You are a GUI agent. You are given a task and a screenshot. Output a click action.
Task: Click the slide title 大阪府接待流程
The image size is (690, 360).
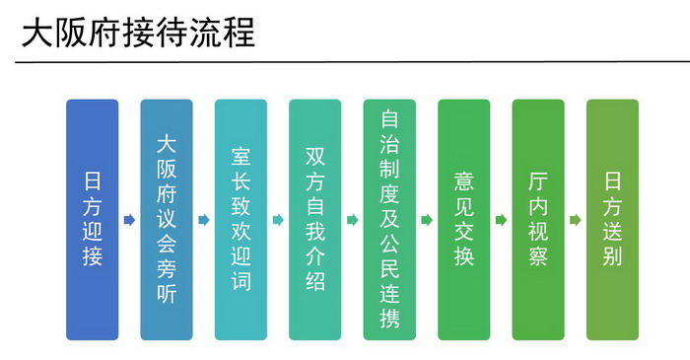pyautogui.click(x=139, y=33)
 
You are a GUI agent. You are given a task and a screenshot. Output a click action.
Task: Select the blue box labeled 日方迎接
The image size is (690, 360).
pyautogui.click(x=93, y=220)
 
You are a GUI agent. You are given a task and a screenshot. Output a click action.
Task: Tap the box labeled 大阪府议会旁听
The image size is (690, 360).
pyautogui.click(x=167, y=220)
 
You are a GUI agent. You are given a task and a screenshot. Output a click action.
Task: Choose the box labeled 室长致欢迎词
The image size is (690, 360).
pyautogui.click(x=241, y=220)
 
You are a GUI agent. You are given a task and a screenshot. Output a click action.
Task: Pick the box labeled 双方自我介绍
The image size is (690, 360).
pyautogui.click(x=315, y=220)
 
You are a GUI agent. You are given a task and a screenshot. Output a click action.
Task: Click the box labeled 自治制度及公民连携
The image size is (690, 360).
pyautogui.click(x=389, y=220)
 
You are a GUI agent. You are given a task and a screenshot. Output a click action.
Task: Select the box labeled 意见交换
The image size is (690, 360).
pyautogui.click(x=464, y=220)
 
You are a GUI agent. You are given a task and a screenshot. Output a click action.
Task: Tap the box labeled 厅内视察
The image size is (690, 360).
pyautogui.click(x=538, y=220)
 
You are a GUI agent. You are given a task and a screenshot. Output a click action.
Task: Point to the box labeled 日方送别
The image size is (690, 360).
pyautogui.click(x=612, y=220)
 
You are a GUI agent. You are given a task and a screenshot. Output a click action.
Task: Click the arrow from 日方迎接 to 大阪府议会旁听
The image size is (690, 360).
pyautogui.click(x=129, y=220)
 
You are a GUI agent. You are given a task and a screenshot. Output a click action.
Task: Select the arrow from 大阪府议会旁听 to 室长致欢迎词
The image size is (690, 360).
pyautogui.click(x=204, y=220)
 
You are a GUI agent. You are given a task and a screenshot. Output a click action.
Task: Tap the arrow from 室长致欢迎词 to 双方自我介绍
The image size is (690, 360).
pyautogui.click(x=278, y=220)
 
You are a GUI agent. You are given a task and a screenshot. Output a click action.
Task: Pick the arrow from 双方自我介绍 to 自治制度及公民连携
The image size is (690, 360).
pyautogui.click(x=353, y=220)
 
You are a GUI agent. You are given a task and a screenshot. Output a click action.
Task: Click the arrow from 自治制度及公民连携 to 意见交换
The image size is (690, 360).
pyautogui.click(x=427, y=220)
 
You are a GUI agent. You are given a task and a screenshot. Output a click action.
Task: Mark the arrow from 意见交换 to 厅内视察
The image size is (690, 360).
pyautogui.click(x=501, y=220)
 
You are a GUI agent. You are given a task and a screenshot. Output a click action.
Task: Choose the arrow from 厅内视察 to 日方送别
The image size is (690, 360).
pyautogui.click(x=576, y=220)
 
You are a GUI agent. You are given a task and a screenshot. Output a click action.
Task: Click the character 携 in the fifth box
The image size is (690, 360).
pyautogui.click(x=389, y=319)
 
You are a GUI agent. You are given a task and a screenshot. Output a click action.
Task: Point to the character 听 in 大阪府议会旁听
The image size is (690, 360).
pyautogui.click(x=167, y=294)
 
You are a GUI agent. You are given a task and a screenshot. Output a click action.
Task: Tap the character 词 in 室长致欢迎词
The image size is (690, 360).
pyautogui.click(x=241, y=281)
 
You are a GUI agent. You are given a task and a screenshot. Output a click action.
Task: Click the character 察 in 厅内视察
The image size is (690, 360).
pyautogui.click(x=538, y=256)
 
